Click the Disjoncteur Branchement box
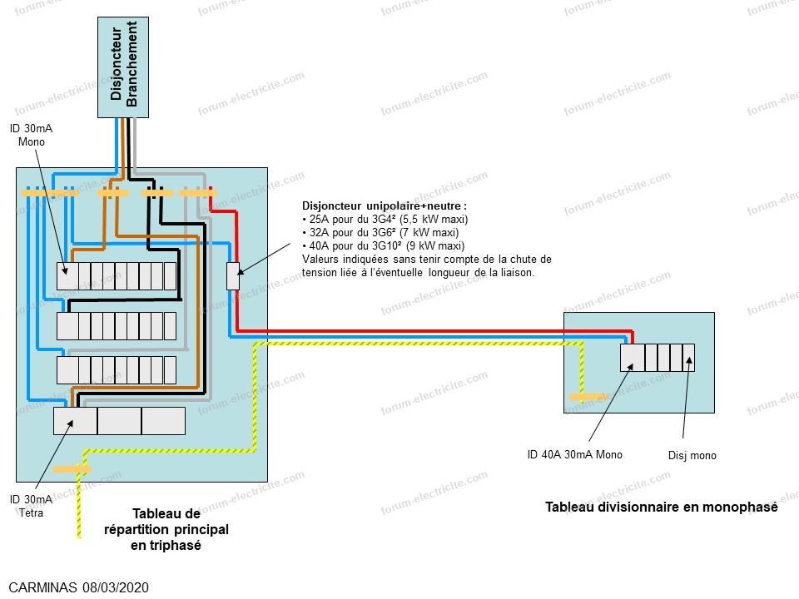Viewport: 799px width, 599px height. tap(124, 67)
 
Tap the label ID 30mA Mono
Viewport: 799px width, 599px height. tap(27, 135)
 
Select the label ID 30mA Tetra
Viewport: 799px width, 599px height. tap(31, 505)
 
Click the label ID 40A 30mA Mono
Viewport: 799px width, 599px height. tap(574, 454)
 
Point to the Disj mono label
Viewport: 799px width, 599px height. tap(692, 455)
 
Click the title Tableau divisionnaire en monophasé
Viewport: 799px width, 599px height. tap(661, 507)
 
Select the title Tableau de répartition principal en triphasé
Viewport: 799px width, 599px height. tap(166, 529)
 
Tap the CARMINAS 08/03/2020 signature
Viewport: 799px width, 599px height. tap(79, 587)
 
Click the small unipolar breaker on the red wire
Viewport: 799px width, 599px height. tap(233, 276)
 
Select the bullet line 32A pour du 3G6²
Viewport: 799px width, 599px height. tap(384, 233)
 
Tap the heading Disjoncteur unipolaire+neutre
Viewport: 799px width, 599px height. tap(385, 205)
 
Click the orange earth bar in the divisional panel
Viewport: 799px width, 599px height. tap(588, 398)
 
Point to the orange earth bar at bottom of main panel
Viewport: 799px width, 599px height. tap(72, 469)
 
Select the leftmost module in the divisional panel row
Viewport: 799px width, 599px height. tap(632, 357)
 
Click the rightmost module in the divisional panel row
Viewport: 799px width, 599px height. tap(688, 357)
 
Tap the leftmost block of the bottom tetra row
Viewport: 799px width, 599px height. tap(75, 421)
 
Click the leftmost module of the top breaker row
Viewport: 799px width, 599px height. tap(67, 275)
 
